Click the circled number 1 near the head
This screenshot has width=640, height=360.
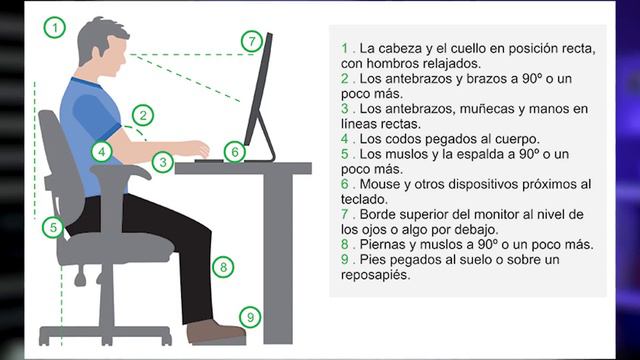pos(54,28)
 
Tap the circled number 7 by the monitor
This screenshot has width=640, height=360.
pos(252,42)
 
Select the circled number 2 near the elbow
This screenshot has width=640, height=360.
pos(143,116)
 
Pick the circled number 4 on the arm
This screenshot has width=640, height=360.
pos(101,152)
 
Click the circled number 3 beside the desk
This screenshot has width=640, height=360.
pos(162,160)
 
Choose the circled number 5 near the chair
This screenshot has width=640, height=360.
pos(53,228)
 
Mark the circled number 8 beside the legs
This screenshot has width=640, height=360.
pos(224,267)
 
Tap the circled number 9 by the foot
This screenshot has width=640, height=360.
pos(251,317)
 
